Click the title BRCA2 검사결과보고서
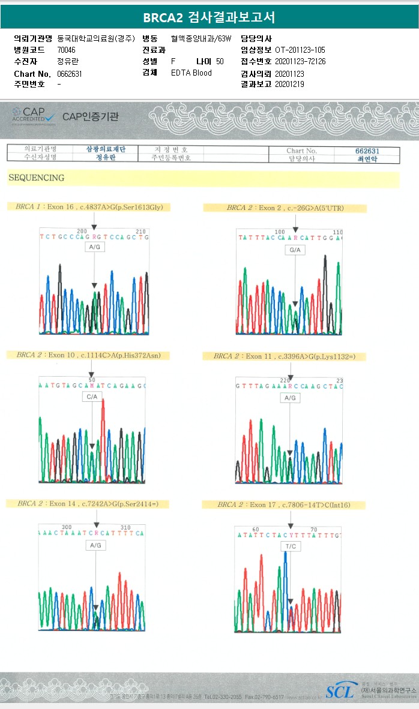pyautogui.click(x=209, y=17)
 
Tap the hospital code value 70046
pyautogui.click(x=66, y=50)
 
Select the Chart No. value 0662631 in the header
pyautogui.click(x=70, y=74)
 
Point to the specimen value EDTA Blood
pyautogui.click(x=191, y=73)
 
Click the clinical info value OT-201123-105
pyautogui.click(x=300, y=50)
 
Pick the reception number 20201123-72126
pyautogui.click(x=300, y=61)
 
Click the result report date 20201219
pyautogui.click(x=289, y=85)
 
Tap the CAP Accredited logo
pyautogui.click(x=34, y=115)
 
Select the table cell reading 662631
pyautogui.click(x=367, y=151)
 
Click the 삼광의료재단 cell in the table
pyautogui.click(x=106, y=149)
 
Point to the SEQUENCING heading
pyautogui.click(x=36, y=178)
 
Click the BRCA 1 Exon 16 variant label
pyautogui.click(x=89, y=207)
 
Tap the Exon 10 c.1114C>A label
pyautogui.click(x=88, y=355)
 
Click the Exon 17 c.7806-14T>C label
pyautogui.click(x=284, y=504)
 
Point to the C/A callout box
pyautogui.click(x=92, y=397)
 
